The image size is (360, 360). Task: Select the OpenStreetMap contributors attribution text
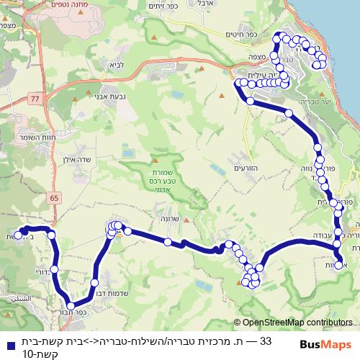click(297, 323)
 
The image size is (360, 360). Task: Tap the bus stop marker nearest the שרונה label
click(167, 242)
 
